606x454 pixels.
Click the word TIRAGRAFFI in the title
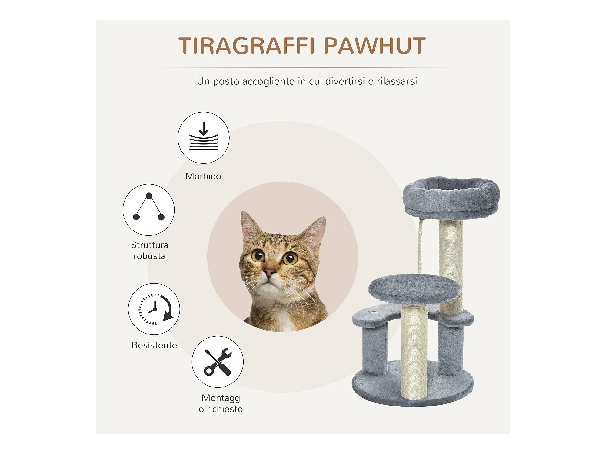point(247,46)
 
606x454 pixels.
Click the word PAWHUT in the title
point(375,46)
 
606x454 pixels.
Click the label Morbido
point(203,176)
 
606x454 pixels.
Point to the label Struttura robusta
point(149,250)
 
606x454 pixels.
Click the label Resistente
point(154,345)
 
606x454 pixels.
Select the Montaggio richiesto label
point(221,403)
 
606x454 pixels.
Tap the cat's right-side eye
point(290,258)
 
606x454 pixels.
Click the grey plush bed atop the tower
point(451,198)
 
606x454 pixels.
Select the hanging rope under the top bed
point(420,246)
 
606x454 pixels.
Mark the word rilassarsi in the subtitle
point(397,81)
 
